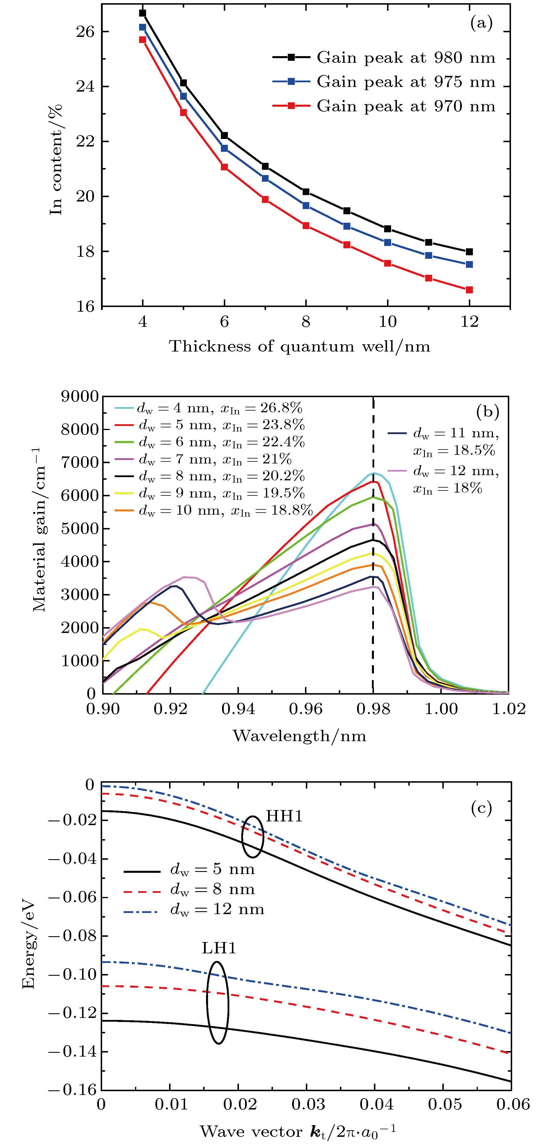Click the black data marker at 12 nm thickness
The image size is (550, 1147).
(x=469, y=251)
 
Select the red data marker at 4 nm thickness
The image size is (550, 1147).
(x=143, y=40)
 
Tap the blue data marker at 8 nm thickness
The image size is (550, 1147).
(x=306, y=205)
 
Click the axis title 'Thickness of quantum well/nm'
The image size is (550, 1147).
(x=299, y=346)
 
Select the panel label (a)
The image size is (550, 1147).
(x=481, y=22)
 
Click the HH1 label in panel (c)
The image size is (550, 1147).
(x=284, y=816)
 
